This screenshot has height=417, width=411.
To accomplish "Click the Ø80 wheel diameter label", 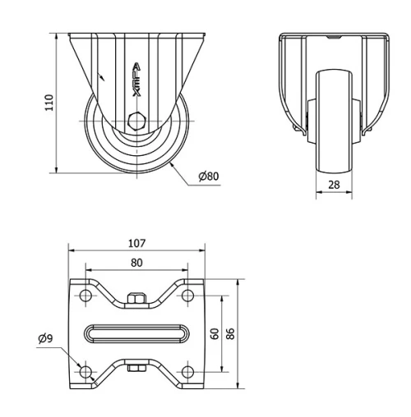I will click(x=208, y=177).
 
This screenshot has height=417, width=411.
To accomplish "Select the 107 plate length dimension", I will click(x=137, y=243).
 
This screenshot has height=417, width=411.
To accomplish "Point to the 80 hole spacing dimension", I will click(x=137, y=263).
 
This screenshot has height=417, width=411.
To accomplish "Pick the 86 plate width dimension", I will click(x=231, y=334).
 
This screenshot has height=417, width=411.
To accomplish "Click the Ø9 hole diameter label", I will click(x=45, y=338).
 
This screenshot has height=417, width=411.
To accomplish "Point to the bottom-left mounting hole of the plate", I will click(x=85, y=372).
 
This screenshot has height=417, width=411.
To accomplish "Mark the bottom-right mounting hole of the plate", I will click(x=188, y=372).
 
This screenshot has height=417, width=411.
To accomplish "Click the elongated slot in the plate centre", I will click(x=137, y=334).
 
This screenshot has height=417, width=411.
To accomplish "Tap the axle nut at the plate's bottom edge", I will click(x=137, y=369).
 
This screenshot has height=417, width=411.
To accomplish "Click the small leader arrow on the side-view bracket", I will click(x=102, y=76).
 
